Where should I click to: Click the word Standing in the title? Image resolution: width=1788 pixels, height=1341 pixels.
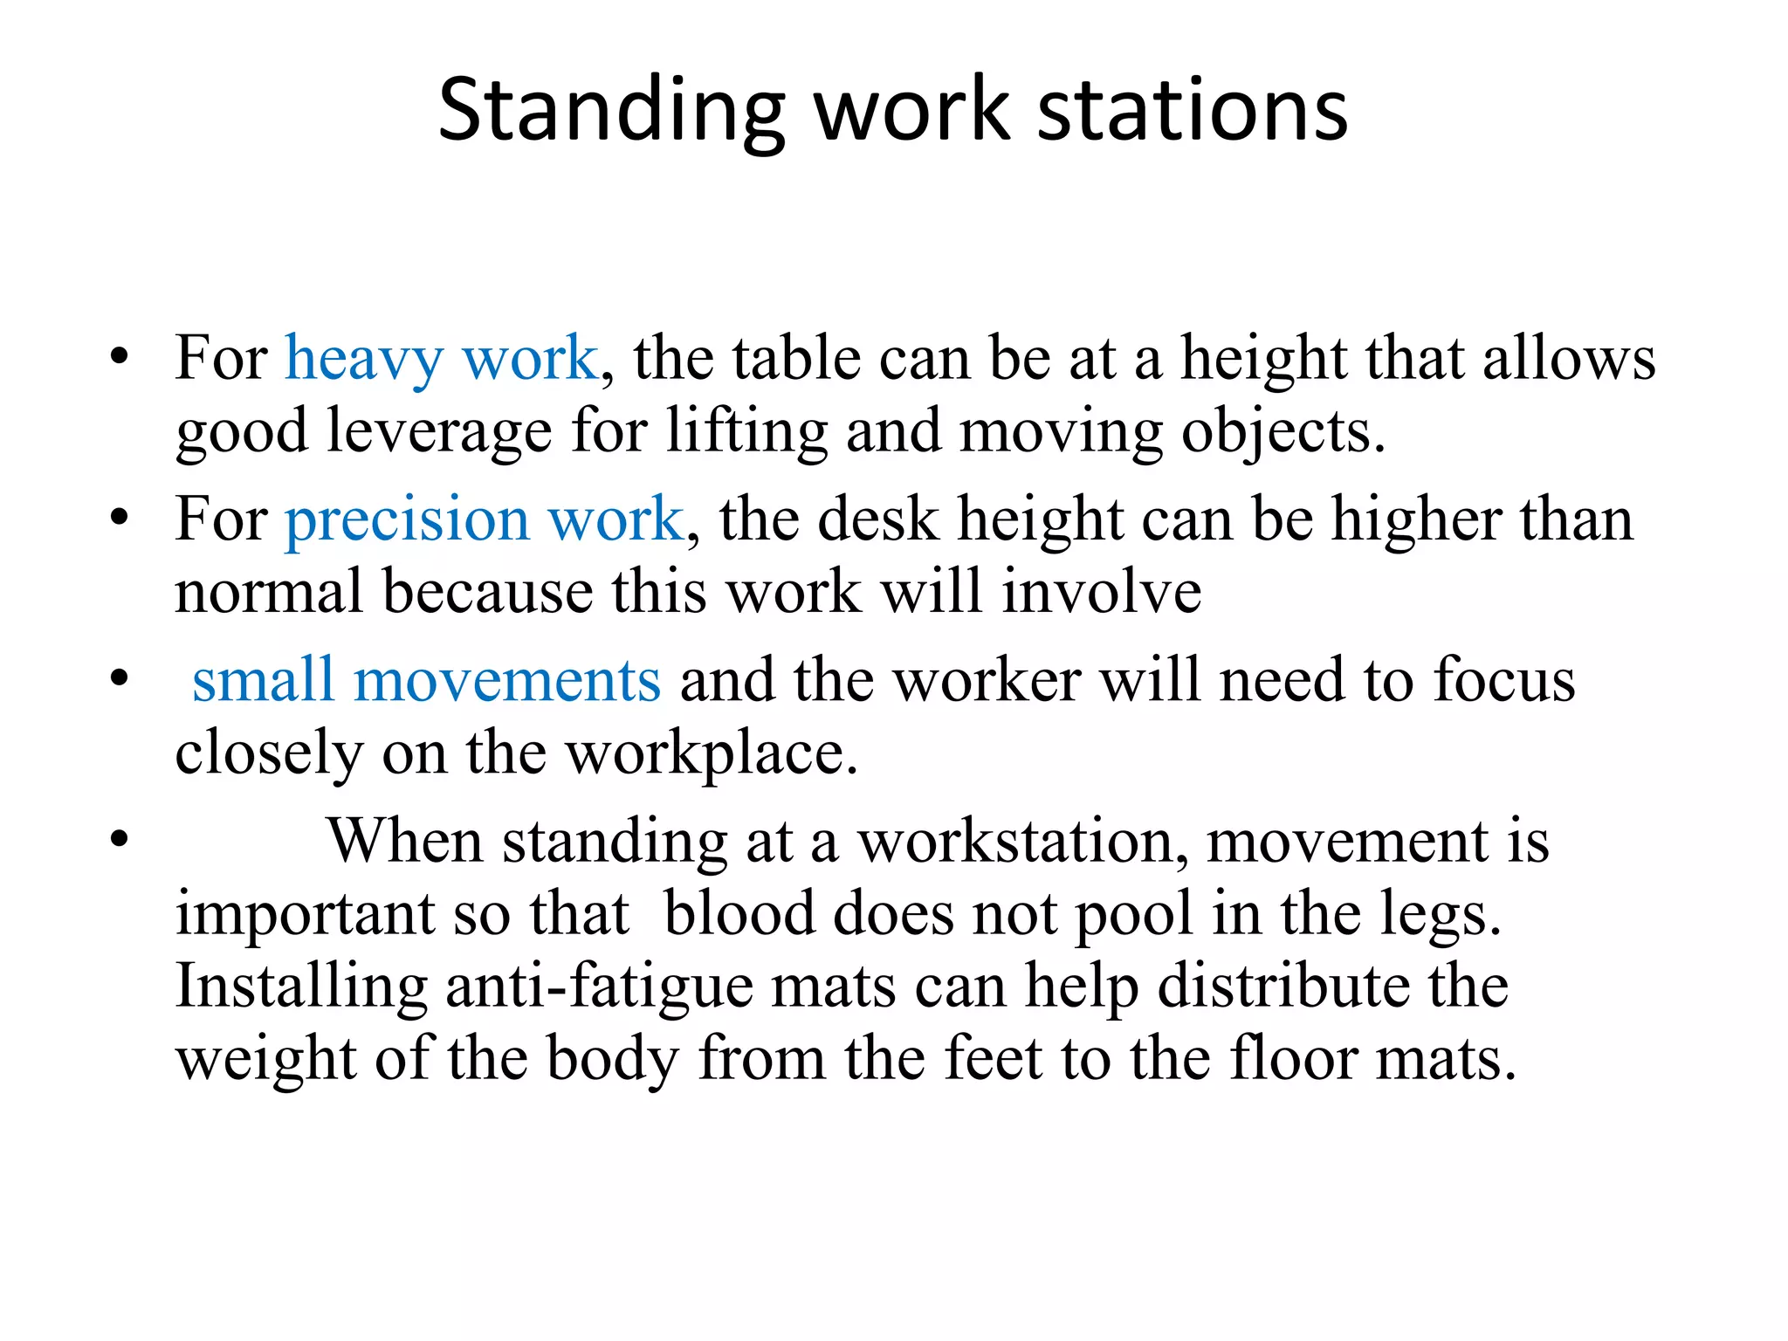pos(611,111)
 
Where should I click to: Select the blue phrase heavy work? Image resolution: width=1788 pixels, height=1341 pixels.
pos(442,359)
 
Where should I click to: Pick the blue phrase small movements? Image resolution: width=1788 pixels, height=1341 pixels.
pos(426,680)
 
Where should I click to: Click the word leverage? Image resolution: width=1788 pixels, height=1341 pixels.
pos(439,431)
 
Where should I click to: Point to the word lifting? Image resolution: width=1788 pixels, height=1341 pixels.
pos(746,431)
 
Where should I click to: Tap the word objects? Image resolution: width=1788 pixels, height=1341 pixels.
pos(1282,431)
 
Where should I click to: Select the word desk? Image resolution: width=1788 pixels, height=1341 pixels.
pos(877,519)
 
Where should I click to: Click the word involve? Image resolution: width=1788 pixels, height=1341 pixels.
pos(1102,592)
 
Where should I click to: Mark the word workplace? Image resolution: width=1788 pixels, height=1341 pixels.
pos(712,753)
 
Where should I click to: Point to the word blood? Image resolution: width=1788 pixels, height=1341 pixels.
pos(739,914)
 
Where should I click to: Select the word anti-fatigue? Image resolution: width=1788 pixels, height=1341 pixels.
pos(598,987)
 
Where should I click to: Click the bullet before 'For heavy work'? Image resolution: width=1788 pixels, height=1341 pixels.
pos(120,357)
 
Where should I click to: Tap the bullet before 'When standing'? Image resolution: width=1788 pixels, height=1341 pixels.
pos(120,840)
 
